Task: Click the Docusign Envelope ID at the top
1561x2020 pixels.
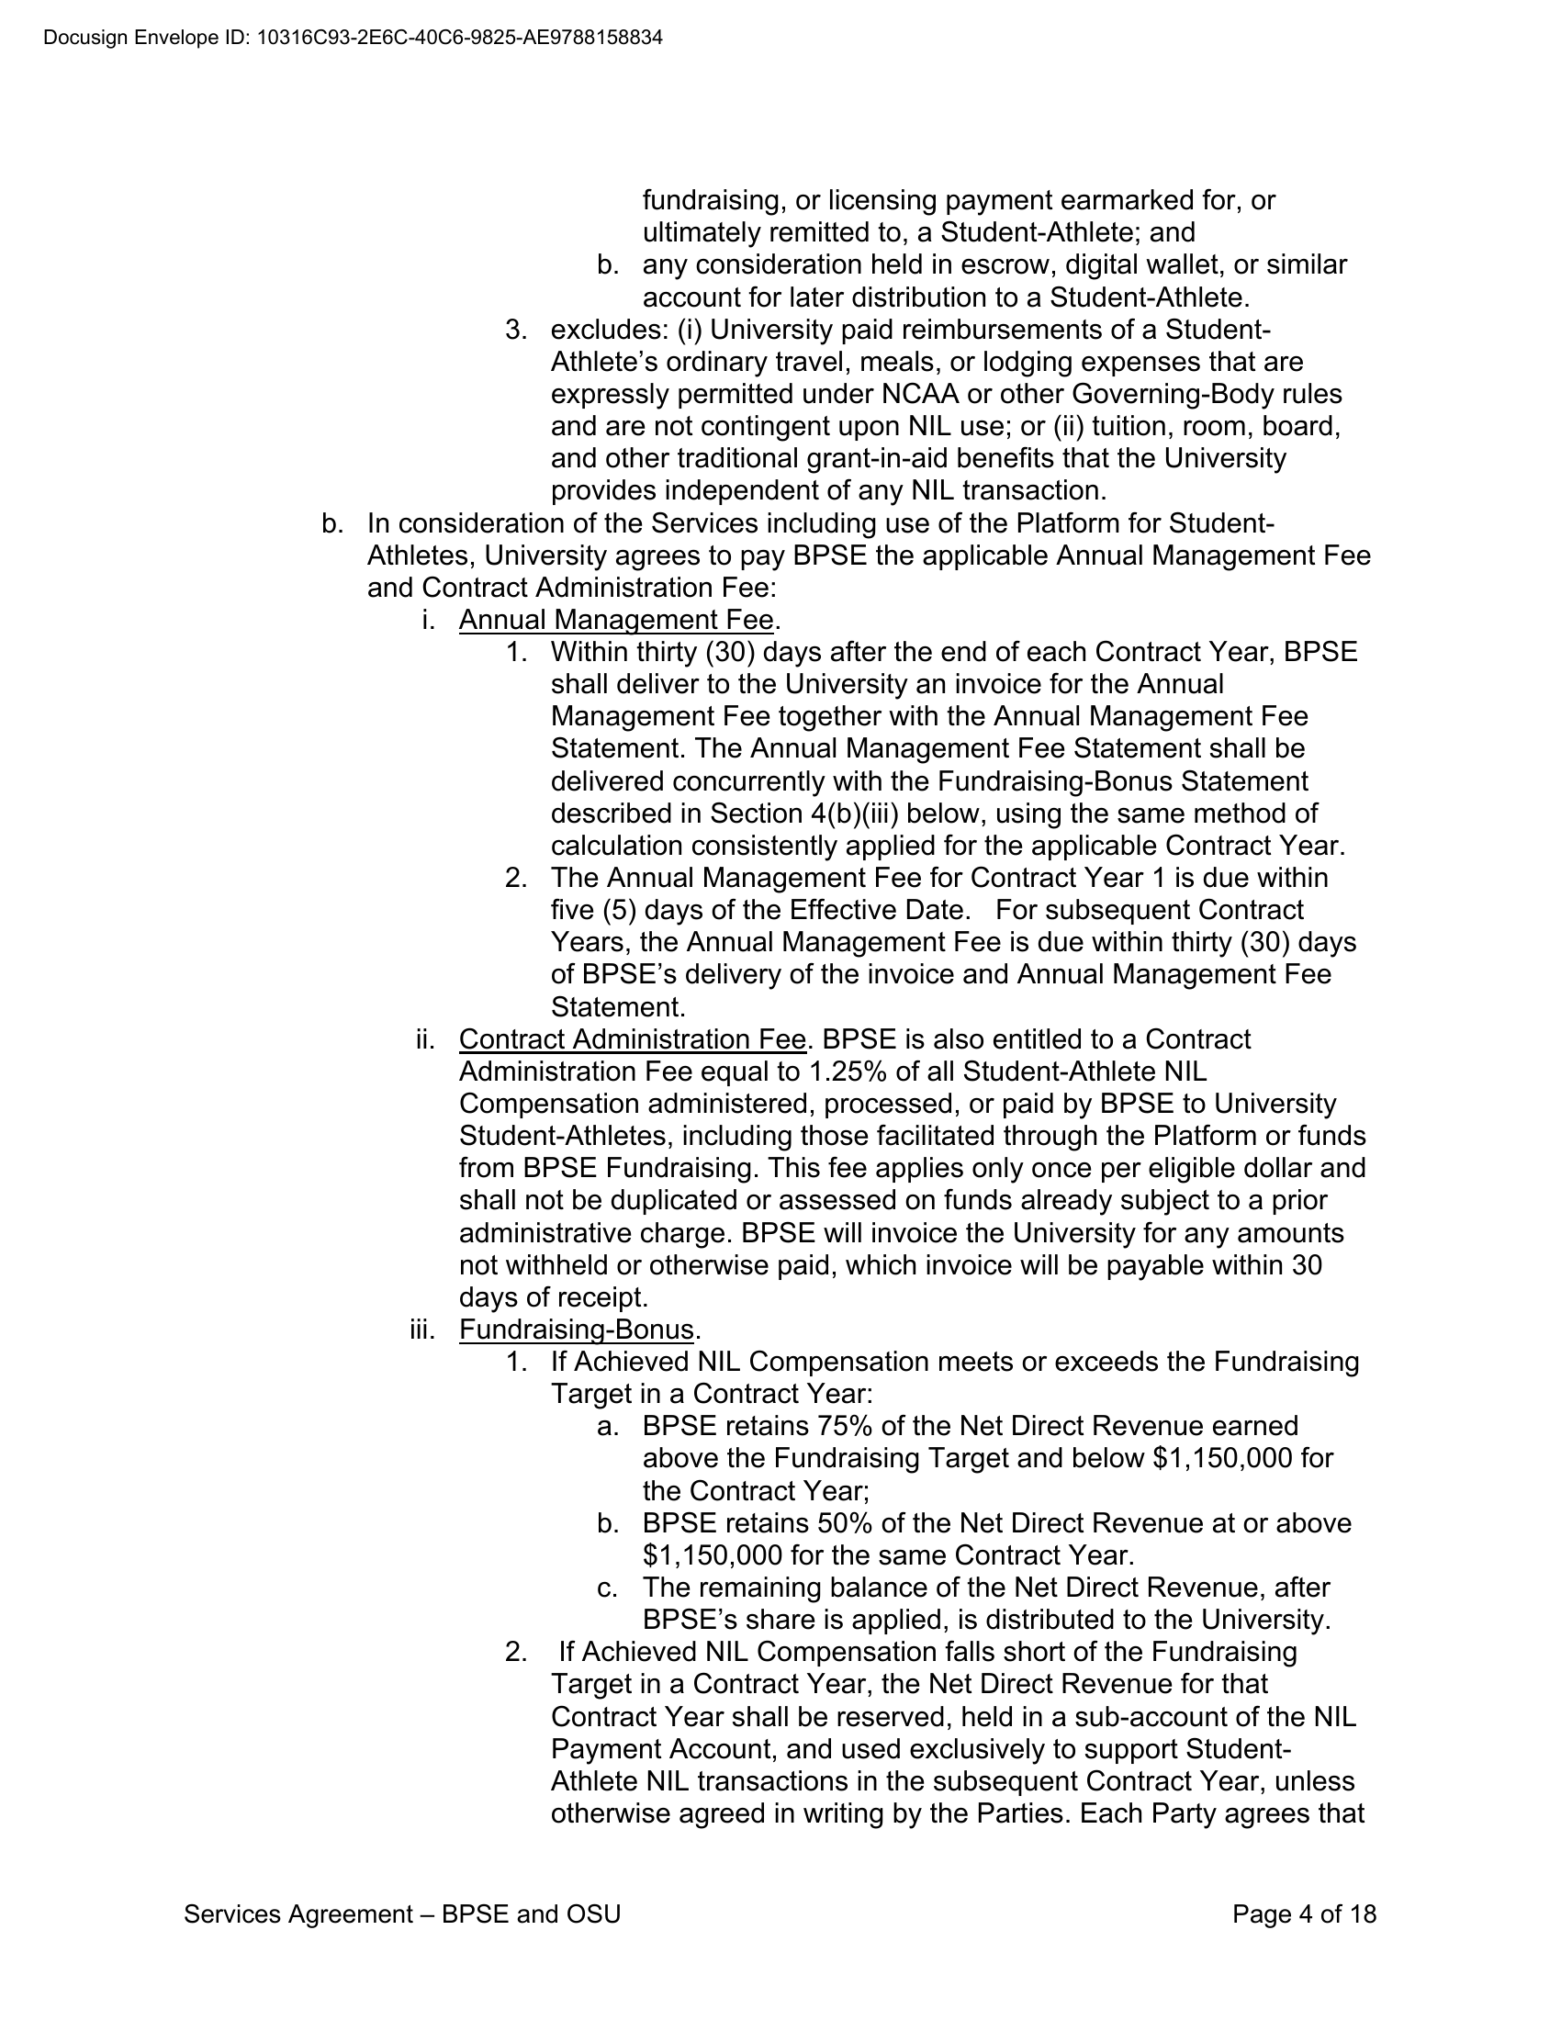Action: point(353,38)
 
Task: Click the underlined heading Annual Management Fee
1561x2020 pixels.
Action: point(616,620)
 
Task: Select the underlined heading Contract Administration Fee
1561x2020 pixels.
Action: point(633,1039)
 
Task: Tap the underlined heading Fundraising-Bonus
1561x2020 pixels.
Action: point(576,1330)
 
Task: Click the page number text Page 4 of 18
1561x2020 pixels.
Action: point(1304,1914)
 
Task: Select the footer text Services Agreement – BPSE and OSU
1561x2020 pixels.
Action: point(402,1914)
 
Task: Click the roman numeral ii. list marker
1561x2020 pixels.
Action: point(424,1039)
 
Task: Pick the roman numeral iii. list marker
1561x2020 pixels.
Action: point(421,1330)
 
